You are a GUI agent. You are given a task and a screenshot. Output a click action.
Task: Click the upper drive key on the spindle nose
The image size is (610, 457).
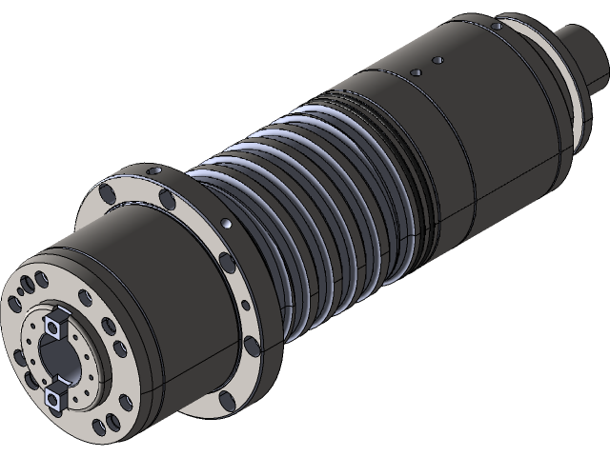point(55,325)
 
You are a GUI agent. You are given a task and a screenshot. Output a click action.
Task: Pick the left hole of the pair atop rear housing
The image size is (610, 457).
point(416,72)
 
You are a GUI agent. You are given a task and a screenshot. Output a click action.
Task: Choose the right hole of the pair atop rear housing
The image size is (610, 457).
point(437,60)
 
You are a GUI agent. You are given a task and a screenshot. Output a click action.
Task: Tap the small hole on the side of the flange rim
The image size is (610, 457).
point(226,224)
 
